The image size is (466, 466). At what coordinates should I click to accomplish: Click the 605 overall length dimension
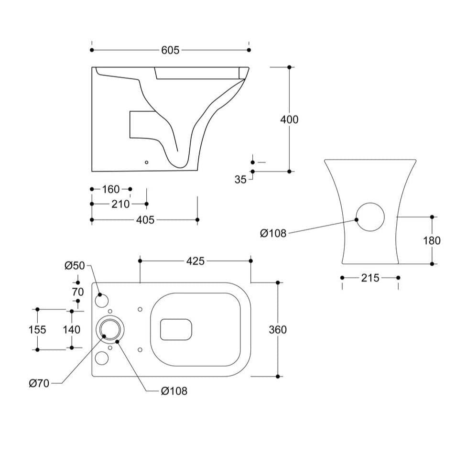170,50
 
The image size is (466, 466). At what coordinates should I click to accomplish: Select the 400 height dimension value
289,119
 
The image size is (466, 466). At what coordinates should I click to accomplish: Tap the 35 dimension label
240,179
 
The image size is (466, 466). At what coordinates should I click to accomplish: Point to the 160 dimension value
111,190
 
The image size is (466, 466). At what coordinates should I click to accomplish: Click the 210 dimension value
120,204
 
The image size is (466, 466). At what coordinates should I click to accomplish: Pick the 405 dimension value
145,220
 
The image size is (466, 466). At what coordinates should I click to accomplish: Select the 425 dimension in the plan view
195,261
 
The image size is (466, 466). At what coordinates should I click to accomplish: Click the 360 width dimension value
278,330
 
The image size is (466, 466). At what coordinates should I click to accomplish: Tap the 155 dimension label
37,330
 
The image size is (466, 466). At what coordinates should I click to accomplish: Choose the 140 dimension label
72,330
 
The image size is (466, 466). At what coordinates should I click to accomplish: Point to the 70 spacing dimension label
78,291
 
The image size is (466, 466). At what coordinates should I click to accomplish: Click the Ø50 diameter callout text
75,266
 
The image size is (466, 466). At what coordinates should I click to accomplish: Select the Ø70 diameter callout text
39,383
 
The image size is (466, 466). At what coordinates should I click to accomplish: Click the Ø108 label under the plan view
174,391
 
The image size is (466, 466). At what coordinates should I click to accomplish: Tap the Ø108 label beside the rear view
273,233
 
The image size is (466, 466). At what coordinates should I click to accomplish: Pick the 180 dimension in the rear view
432,240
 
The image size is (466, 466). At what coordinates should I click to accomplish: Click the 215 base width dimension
370,278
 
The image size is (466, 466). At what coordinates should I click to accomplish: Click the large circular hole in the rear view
371,217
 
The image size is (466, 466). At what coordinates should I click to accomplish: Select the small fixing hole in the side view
147,162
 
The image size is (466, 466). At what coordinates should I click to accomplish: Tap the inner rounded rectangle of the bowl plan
176,329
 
